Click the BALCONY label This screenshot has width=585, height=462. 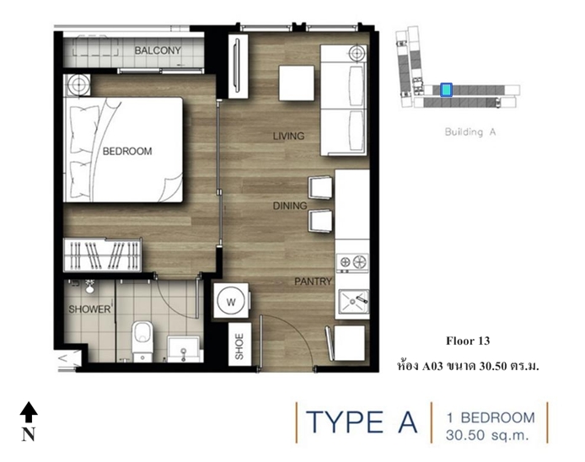[158, 51]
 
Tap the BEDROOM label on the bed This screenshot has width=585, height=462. [127, 151]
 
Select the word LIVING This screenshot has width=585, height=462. [288, 136]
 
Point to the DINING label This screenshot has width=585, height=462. [290, 206]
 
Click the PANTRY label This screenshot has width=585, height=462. [313, 282]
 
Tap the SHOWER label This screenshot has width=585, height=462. [89, 309]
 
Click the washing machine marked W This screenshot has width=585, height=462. [231, 301]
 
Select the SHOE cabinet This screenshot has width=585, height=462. [239, 345]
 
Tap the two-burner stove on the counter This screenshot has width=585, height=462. [352, 262]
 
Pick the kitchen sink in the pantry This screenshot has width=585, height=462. [353, 301]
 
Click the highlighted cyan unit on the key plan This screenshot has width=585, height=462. [446, 89]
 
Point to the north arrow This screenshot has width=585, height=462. [29, 412]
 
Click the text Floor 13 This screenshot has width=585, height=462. [468, 341]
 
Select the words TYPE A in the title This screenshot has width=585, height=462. [362, 422]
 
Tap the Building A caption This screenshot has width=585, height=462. [470, 132]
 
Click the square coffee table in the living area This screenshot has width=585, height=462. [297, 83]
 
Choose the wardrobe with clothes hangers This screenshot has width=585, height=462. [103, 255]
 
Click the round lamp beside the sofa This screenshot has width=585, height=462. [357, 53]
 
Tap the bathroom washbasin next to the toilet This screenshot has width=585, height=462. [183, 349]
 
